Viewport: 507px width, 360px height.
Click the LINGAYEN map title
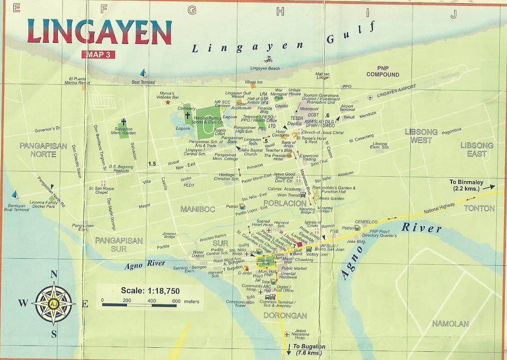(x=99, y=32)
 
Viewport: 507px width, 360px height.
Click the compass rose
(x=54, y=303)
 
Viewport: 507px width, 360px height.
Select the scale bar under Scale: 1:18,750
(x=139, y=304)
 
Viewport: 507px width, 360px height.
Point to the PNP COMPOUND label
(x=382, y=71)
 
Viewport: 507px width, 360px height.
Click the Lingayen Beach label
(x=265, y=68)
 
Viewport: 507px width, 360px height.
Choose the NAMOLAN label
(x=450, y=323)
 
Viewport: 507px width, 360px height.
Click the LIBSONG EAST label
(x=476, y=149)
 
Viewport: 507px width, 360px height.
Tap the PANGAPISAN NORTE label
(x=38, y=149)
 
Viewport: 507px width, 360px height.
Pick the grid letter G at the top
(x=192, y=9)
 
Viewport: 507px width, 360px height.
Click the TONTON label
(x=479, y=208)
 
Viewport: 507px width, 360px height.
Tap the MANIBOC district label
(x=197, y=209)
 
